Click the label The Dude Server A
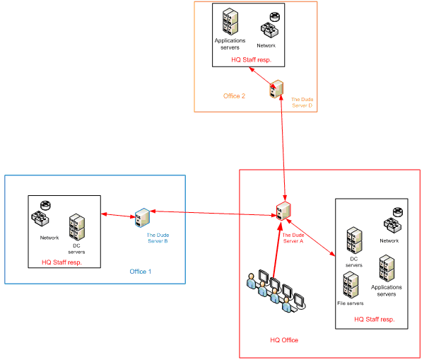click(x=293, y=238)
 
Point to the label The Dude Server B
click(x=157, y=238)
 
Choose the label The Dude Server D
click(x=302, y=103)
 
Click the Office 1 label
click(x=140, y=272)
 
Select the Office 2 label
click(x=234, y=96)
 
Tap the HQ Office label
click(x=284, y=340)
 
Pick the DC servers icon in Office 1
click(x=77, y=228)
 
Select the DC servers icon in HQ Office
click(x=354, y=242)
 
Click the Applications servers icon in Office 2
click(x=230, y=22)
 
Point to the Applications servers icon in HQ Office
click(x=387, y=268)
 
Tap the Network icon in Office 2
click(x=267, y=26)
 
